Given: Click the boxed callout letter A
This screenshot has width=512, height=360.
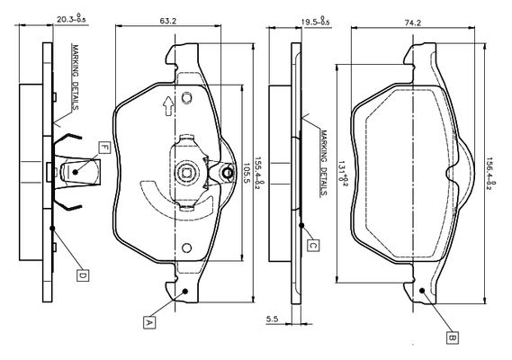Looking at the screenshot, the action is pos(149,322).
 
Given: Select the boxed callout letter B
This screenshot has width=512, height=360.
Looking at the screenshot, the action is pos(453,337).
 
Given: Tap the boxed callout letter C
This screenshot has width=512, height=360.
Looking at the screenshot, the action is pos(313,246).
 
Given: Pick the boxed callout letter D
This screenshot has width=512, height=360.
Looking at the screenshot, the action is pos(83,275).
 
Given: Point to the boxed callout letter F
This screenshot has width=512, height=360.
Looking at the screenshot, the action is pos(104,148).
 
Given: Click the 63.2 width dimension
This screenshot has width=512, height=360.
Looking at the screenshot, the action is pos(168,21).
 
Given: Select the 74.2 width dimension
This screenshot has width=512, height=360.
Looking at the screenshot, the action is pos(413,22).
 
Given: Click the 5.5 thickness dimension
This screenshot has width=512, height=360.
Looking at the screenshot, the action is pos(272,319).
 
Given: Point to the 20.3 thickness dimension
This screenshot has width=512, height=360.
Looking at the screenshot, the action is pos(71,19).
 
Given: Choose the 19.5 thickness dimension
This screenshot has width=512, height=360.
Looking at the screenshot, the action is pos(315,22).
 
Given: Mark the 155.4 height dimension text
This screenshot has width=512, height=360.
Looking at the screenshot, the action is pos(259,173).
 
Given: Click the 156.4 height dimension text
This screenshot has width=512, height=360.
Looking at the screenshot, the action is pos(492,173).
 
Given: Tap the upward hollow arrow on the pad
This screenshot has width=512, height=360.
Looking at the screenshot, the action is pos(168,106).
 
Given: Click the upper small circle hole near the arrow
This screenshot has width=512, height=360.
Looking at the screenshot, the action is pos(186,97).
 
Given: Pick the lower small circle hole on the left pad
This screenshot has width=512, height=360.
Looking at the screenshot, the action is pos(186,247).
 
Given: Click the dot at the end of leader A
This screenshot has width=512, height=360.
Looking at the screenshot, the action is pos(185,291).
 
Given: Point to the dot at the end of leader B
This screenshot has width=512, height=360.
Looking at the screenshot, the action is pos(421,290).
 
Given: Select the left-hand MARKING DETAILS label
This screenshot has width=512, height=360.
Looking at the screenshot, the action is pos(75,77).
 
